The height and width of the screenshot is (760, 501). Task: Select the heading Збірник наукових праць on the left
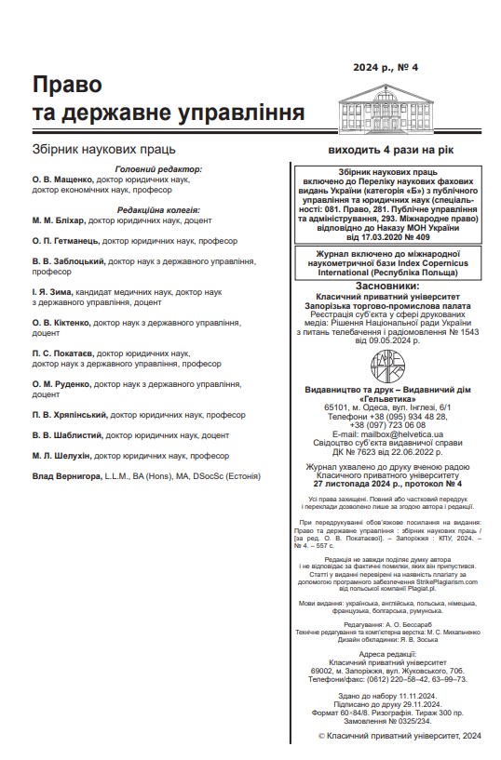103,149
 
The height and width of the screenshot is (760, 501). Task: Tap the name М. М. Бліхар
58,220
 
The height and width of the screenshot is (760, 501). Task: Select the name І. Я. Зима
51,292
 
